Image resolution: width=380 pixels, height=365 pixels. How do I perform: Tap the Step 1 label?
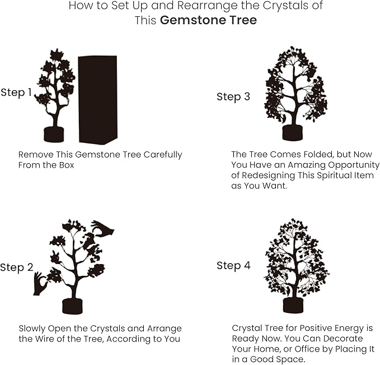click(16, 93)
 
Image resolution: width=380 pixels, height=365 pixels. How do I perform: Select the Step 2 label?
click(16, 267)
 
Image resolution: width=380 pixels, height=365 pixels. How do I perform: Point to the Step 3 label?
click(233, 97)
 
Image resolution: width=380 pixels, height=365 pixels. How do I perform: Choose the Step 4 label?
click(233, 265)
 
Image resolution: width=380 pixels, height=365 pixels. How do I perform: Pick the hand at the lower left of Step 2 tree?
click(40, 284)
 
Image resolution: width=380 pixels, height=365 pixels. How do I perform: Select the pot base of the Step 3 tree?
click(292, 133)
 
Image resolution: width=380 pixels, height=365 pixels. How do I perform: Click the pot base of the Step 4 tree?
click(293, 305)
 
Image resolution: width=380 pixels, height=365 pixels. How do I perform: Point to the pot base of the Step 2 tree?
click(72, 306)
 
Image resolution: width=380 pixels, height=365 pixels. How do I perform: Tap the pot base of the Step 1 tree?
click(54, 135)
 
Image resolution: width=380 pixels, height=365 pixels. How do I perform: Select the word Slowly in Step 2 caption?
click(33, 329)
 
